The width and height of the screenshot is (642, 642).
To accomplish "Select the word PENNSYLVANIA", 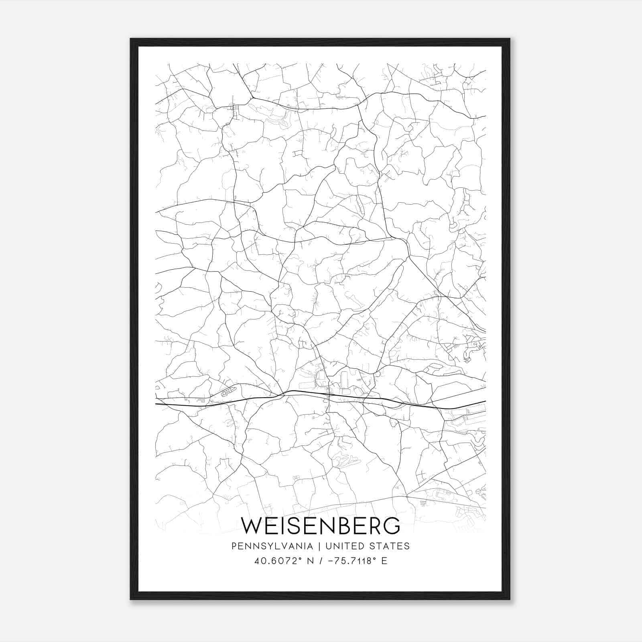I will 272,546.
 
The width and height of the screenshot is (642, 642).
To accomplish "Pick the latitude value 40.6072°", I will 276,561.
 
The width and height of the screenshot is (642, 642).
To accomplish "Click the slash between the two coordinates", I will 320,561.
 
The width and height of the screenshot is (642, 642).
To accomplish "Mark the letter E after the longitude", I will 384,561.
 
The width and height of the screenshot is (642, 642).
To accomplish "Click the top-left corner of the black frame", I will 131,39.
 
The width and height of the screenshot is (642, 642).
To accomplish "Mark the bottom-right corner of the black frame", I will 510,599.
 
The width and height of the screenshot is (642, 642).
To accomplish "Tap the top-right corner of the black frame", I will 510,39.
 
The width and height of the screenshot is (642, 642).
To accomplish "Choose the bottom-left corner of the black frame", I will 131,599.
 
